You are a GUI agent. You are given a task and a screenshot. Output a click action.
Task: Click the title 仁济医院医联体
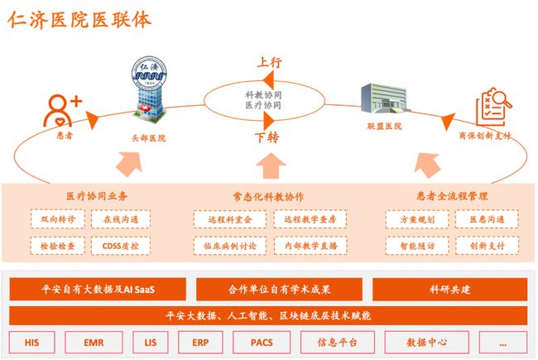[81, 20]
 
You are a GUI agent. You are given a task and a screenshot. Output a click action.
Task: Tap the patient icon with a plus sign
[64, 109]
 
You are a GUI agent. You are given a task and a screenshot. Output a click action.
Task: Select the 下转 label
[266, 137]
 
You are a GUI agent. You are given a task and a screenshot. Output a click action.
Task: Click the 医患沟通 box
[488, 220]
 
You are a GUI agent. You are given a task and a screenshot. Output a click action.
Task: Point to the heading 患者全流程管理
[451, 196]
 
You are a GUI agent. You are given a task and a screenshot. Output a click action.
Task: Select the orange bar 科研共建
[450, 290]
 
